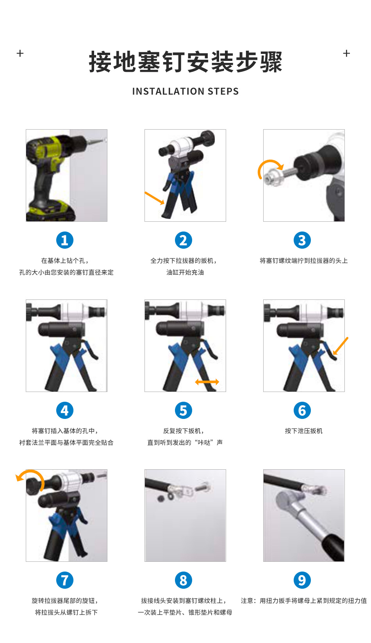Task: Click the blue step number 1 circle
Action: click(64, 240)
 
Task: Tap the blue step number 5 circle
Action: click(183, 410)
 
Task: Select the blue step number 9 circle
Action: click(302, 580)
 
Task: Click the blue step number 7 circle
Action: click(64, 580)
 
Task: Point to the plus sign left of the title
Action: click(20, 53)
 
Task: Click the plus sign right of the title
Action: click(346, 53)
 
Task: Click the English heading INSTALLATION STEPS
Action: click(185, 91)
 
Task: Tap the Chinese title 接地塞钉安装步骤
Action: click(185, 62)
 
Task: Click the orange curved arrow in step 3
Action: click(266, 162)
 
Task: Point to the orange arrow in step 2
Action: click(155, 198)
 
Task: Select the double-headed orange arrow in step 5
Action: click(207, 382)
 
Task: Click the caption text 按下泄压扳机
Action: click(303, 431)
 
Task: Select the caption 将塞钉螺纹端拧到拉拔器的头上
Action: click(303, 261)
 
